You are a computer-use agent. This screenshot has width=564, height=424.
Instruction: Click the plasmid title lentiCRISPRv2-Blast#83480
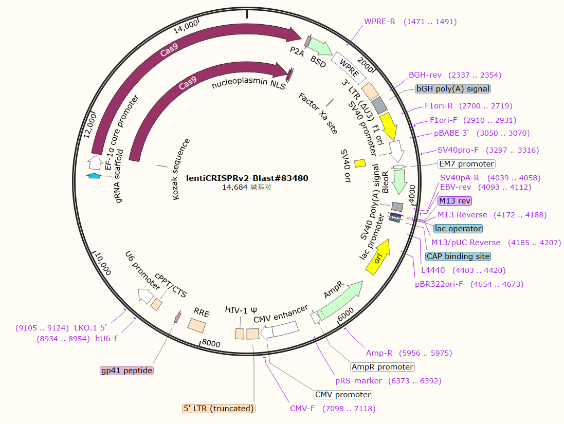pos(247,178)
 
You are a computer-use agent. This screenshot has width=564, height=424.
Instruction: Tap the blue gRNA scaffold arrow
pos(94,176)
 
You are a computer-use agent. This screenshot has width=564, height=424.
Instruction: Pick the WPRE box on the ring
pos(348,68)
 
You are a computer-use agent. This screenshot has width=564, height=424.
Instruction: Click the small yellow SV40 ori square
pos(360,163)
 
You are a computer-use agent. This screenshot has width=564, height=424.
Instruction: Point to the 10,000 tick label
pos(103,264)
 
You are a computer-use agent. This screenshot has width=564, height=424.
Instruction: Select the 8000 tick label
pos(211,343)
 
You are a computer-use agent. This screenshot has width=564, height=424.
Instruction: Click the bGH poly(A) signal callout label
pos(453,89)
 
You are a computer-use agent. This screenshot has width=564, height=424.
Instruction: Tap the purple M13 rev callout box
pos(454,200)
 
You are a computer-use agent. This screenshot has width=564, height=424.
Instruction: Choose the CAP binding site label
pos(458,256)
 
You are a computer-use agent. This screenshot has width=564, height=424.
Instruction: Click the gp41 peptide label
pos(126,371)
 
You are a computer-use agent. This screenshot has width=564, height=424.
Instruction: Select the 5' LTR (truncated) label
pos(219,409)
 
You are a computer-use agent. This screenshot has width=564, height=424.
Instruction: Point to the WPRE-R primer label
pos(379,22)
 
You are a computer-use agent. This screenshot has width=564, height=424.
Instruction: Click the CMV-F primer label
pos(302,409)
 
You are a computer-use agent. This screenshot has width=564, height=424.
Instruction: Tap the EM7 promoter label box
pos(466,164)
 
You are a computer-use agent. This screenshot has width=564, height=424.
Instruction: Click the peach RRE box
pos(196,325)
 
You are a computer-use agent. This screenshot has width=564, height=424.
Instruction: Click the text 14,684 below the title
pos(234,187)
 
